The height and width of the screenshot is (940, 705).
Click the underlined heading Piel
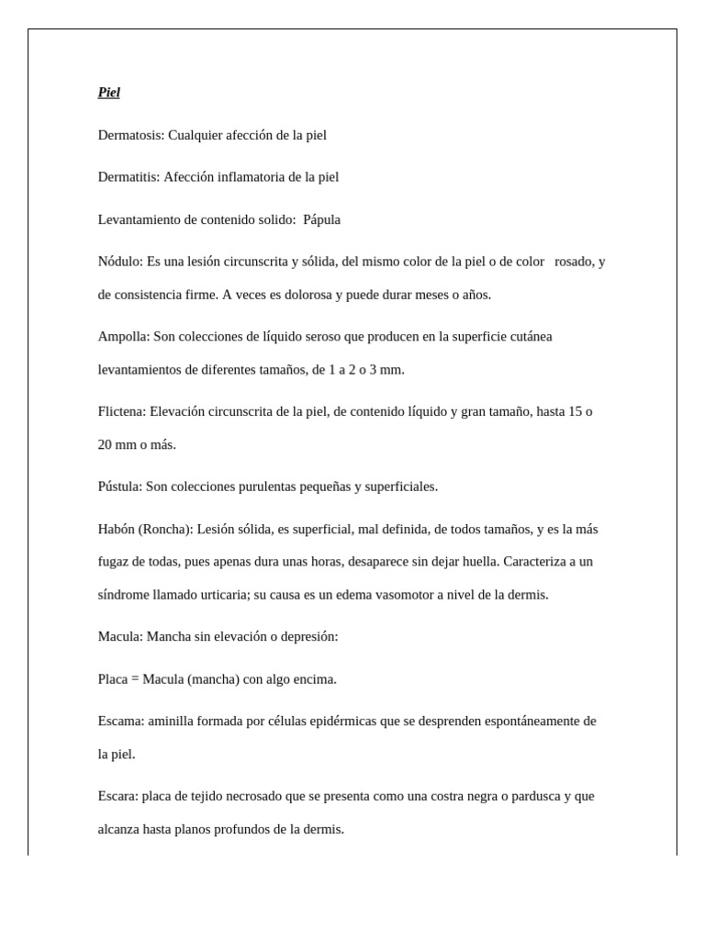(108, 93)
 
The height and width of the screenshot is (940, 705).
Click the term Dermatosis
(130, 135)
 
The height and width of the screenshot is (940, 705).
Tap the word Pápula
(321, 219)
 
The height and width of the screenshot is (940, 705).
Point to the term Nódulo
(120, 262)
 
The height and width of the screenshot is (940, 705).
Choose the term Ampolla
(123, 337)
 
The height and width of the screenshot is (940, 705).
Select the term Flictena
(122, 411)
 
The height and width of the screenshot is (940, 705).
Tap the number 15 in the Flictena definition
(576, 411)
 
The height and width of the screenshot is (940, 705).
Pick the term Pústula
(119, 487)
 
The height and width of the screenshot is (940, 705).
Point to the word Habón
(116, 529)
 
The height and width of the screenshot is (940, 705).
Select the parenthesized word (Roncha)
(165, 529)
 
